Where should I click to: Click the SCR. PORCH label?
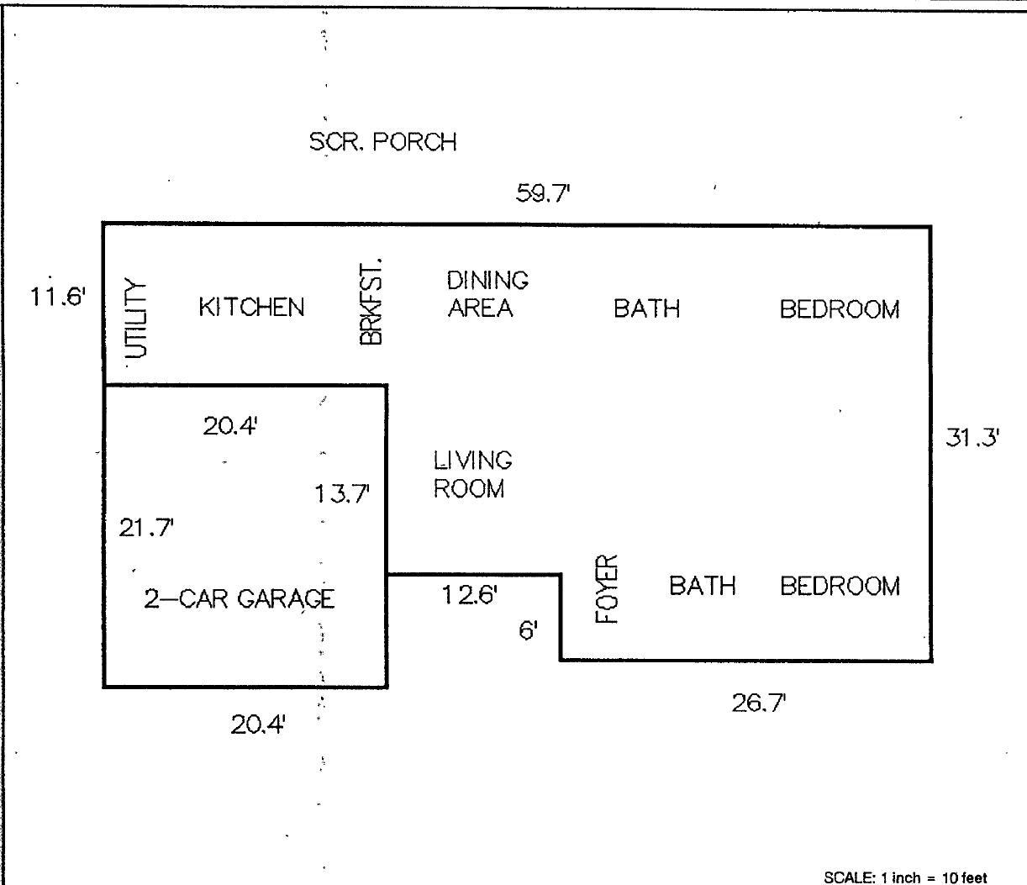(382, 142)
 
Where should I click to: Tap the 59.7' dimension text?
(543, 192)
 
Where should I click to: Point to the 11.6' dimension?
(58, 297)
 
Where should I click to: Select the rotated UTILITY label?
(135, 318)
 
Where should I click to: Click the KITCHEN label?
(251, 307)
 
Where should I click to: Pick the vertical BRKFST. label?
(371, 301)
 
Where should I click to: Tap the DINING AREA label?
(487, 293)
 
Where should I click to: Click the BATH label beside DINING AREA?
(646, 308)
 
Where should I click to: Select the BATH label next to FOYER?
(702, 585)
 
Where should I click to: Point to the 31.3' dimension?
(972, 438)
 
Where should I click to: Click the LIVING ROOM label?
(472, 475)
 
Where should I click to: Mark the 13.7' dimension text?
(342, 494)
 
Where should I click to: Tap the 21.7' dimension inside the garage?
(146, 527)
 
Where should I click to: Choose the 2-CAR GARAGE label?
(239, 598)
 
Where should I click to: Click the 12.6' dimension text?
(470, 594)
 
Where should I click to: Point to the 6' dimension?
(528, 630)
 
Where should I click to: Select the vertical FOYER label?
(606, 589)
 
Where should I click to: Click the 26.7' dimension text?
(759, 703)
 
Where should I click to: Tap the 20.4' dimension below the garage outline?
(258, 724)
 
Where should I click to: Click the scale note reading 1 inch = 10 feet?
(905, 878)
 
